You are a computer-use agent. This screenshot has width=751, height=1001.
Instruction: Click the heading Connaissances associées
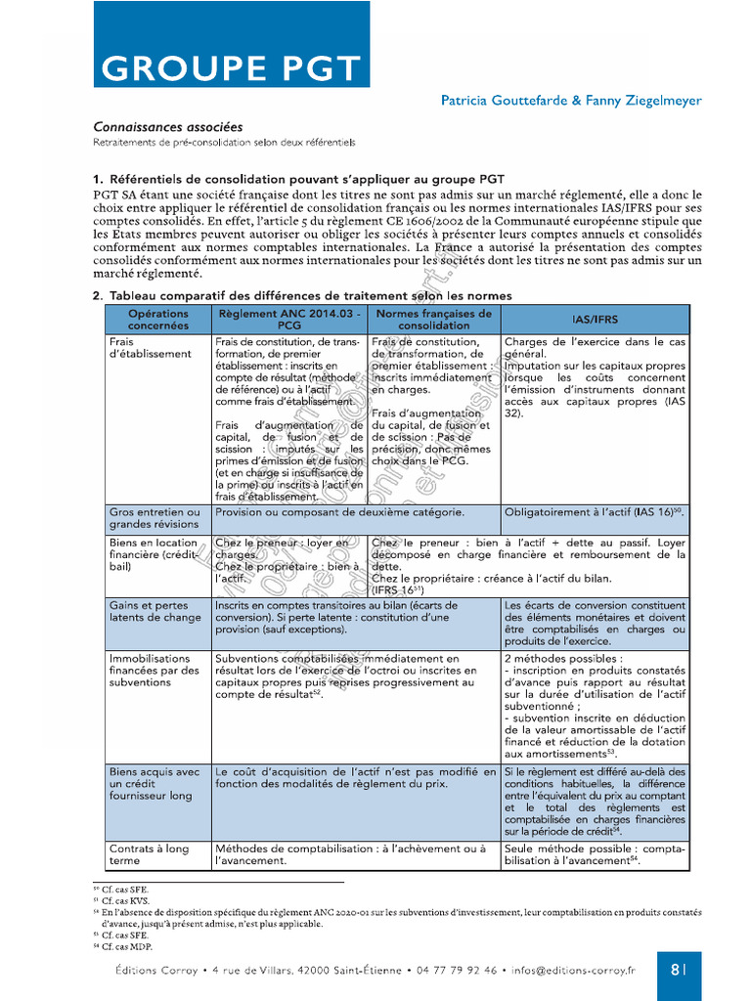click(168, 127)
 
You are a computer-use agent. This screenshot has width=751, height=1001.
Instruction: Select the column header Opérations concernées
click(158, 319)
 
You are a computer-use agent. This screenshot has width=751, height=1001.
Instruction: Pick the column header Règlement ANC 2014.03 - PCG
click(289, 319)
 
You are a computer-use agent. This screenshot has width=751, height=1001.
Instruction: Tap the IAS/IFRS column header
click(595, 320)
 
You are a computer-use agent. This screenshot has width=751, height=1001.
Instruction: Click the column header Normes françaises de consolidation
click(434, 319)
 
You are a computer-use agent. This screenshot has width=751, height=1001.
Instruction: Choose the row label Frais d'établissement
click(151, 348)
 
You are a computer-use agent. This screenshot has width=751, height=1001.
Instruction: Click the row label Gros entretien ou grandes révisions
click(155, 518)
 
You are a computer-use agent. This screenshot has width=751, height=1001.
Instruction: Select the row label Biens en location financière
click(155, 554)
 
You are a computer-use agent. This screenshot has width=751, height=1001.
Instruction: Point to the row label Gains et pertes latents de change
click(155, 611)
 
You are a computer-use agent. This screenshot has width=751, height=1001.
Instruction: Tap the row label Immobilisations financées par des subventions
click(155, 671)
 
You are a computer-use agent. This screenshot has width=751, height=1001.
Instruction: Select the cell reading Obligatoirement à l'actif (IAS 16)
click(593, 512)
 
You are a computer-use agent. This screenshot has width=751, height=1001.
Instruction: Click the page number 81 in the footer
click(679, 970)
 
